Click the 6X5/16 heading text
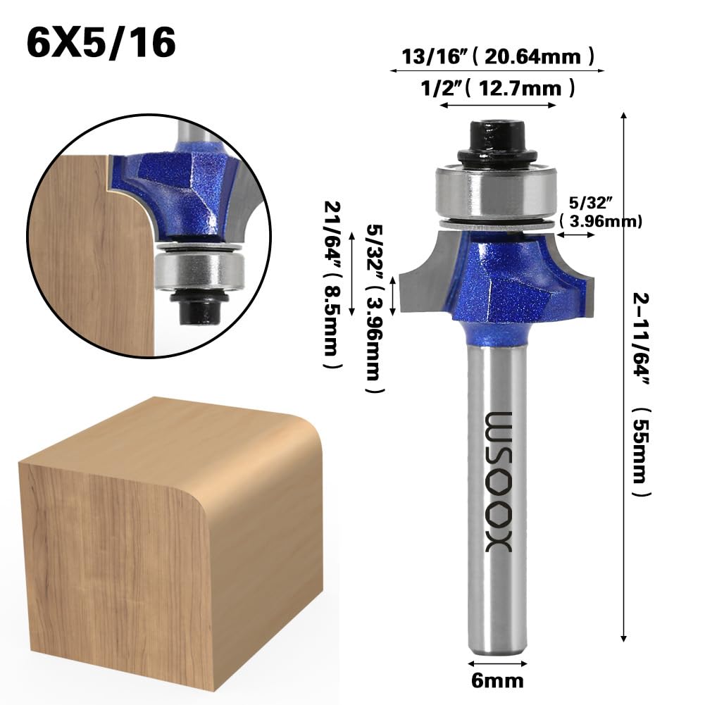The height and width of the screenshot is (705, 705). point(101,43)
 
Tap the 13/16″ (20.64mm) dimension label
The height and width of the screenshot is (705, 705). point(497,56)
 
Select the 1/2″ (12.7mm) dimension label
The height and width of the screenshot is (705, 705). point(497,87)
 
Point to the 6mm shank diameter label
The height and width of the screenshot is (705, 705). point(497,680)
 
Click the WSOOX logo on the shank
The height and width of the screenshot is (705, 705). point(499,482)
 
